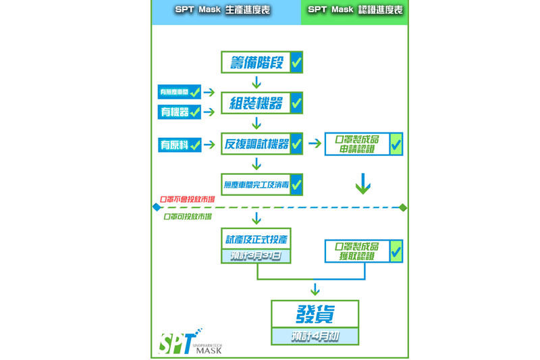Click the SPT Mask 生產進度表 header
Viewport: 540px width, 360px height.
tap(223, 10)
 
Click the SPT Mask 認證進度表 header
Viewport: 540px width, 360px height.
tap(355, 10)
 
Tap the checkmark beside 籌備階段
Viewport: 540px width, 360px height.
tap(296, 63)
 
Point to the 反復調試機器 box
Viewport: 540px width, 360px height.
tap(256, 144)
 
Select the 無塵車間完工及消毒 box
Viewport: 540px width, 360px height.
tap(256, 184)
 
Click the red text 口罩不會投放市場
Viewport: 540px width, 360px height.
tap(187, 200)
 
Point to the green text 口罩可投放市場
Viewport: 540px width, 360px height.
tap(187, 217)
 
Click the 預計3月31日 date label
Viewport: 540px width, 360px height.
tap(256, 256)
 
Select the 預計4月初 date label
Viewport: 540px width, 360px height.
tap(315, 336)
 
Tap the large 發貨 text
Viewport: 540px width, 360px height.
tap(315, 314)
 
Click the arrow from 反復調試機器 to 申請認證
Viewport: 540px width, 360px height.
tap(315, 144)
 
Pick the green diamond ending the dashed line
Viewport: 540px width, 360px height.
tap(403, 207)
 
